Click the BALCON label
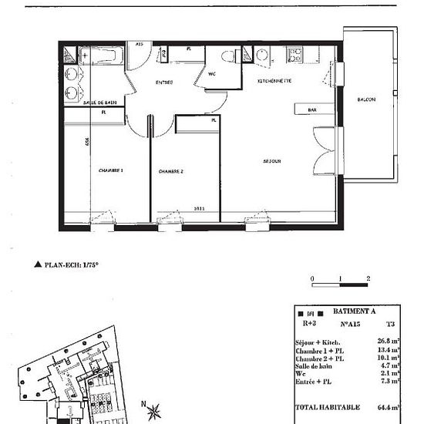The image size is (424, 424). coord(366,100)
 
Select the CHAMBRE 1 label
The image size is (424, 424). coord(111,170)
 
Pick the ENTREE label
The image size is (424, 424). coord(164,82)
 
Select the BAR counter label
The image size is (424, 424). coord(312,110)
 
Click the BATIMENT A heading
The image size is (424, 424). coord(353,311)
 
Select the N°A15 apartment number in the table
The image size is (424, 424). coord(352,324)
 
